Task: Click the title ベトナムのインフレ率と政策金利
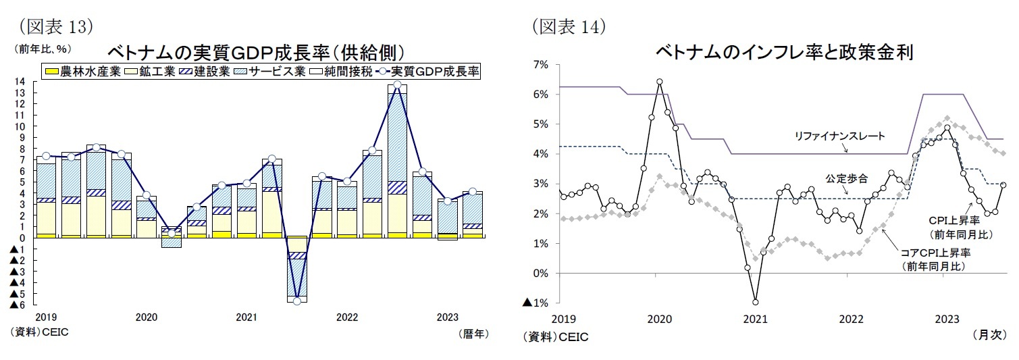click(784, 53)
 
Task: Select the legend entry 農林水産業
click(82, 72)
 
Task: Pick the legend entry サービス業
click(275, 72)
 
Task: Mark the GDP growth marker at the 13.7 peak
click(397, 85)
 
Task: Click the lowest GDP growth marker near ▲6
click(296, 301)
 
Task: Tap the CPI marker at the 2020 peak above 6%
click(659, 82)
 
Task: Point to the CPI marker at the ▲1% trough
click(755, 302)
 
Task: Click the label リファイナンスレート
click(840, 136)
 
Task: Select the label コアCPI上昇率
click(935, 252)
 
